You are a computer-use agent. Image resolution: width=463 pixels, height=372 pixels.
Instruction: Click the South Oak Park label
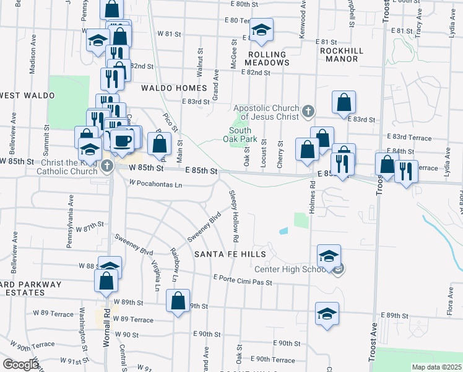[x=240, y=135]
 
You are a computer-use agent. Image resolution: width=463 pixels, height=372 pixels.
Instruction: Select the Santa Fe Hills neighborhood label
[x=230, y=254]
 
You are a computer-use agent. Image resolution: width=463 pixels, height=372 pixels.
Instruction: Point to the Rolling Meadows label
[x=267, y=58]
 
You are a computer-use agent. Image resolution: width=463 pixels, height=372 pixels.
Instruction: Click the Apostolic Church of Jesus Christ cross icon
[x=308, y=112]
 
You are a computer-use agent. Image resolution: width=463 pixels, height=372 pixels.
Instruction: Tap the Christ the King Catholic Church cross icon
[x=107, y=166]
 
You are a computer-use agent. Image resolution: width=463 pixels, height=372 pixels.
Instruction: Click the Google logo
[x=21, y=365]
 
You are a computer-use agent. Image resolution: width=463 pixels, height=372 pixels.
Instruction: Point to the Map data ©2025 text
[x=436, y=367]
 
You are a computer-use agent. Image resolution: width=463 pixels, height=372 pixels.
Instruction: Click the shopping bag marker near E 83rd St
[x=344, y=102]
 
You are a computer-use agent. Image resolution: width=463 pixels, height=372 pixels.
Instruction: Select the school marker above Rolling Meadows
[x=261, y=29]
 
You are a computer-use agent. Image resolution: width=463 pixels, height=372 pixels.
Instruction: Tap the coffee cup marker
[x=123, y=139]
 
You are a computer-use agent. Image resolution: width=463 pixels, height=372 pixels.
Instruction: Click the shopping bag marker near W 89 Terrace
[x=178, y=301]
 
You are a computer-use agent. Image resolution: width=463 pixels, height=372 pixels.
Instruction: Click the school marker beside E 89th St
[x=327, y=314]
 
